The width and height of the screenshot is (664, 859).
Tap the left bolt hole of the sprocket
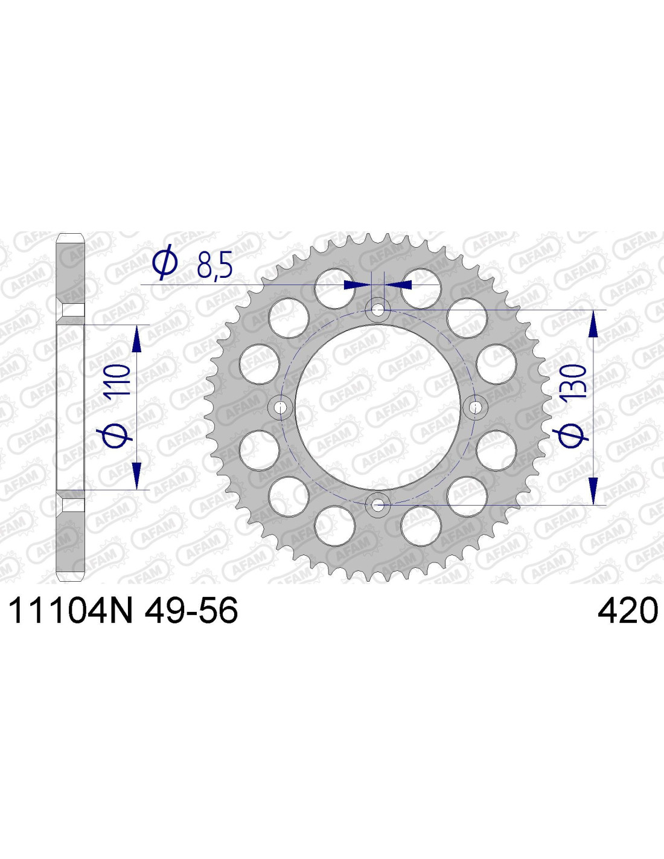click(x=281, y=407)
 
